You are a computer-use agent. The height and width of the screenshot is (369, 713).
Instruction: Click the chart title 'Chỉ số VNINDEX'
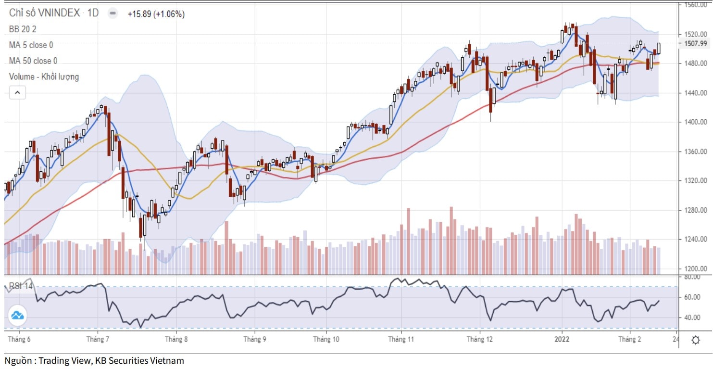[x=44, y=13]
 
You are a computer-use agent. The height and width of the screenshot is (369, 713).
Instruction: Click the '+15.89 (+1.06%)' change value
[x=156, y=14]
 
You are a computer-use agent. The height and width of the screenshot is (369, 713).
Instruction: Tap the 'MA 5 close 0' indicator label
[x=31, y=45]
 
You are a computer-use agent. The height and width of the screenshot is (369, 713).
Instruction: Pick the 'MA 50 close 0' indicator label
[x=33, y=61]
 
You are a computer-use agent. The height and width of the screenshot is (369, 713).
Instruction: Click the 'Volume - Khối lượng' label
[x=44, y=77]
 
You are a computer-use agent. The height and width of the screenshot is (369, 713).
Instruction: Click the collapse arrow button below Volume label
[x=17, y=93]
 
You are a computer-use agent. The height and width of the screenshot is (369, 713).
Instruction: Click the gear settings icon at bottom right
[x=695, y=340]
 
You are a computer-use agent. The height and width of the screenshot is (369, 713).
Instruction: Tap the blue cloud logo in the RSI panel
[x=17, y=316]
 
